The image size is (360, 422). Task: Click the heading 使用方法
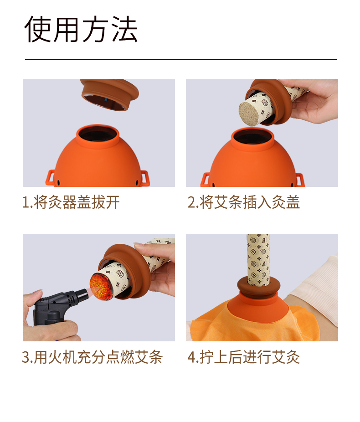pyautogui.click(x=81, y=29)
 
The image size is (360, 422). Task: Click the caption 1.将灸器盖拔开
pyautogui.click(x=71, y=202)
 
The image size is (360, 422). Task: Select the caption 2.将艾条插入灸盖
pyautogui.click(x=243, y=202)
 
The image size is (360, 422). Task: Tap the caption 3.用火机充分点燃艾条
pyautogui.click(x=93, y=357)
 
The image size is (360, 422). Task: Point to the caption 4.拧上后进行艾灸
pyautogui.click(x=243, y=357)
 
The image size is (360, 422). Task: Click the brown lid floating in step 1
pyautogui.click(x=110, y=94)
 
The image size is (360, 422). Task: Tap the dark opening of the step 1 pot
pyautogui.click(x=98, y=134)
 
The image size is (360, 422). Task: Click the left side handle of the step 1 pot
pyautogui.click(x=50, y=178)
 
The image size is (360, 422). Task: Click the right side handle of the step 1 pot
pyautogui.click(x=144, y=178)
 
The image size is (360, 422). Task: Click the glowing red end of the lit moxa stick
pyautogui.click(x=100, y=286)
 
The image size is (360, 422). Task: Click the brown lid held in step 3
pyautogui.click(x=127, y=269)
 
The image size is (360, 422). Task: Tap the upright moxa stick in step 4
pyautogui.click(x=258, y=259)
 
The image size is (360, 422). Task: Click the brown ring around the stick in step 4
pyautogui.click(x=258, y=287)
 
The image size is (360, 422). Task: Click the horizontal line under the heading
pyautogui.click(x=181, y=59)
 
